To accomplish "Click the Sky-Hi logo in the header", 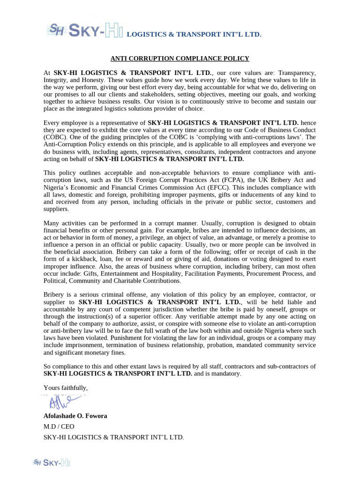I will [84, 31].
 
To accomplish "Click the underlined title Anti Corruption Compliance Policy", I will [180, 59].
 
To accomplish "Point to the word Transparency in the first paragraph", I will [297, 73].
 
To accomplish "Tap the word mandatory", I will [225, 374].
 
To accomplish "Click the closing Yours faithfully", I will [66, 388].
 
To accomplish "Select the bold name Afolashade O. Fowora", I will [75, 416].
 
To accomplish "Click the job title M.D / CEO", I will [59, 427].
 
